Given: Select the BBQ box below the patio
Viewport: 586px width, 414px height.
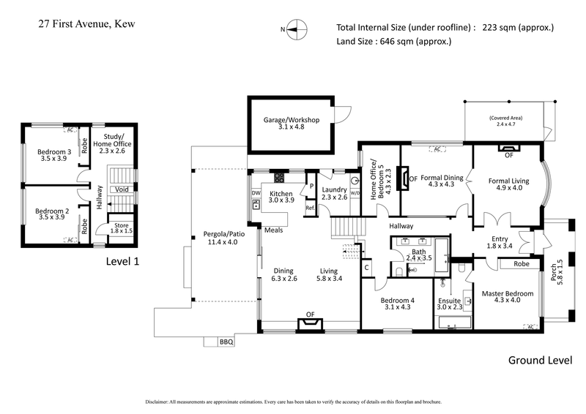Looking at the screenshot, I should pyautogui.click(x=226, y=341).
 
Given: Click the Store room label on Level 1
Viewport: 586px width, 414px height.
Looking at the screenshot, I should pyautogui.click(x=121, y=225).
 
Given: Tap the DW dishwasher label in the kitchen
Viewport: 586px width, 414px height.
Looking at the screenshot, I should pyautogui.click(x=256, y=193).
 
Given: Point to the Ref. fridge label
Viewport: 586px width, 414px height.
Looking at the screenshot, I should pyautogui.click(x=311, y=207).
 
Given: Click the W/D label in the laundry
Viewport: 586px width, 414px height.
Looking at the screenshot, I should pyautogui.click(x=355, y=194).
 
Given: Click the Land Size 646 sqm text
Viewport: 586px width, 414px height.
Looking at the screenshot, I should pyautogui.click(x=393, y=42).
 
